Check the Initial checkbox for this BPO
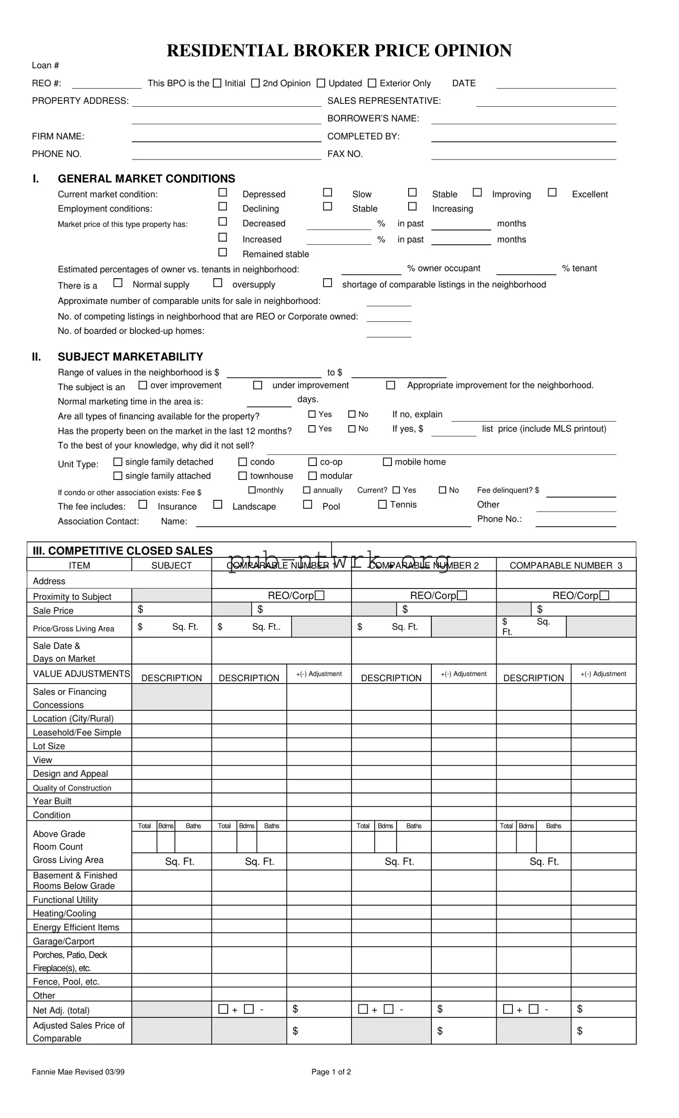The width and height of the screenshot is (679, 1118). pos(217,83)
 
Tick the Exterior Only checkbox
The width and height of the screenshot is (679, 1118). pos(372,83)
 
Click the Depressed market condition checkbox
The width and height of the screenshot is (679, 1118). pos(223,192)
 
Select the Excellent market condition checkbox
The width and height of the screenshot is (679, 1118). pos(552,192)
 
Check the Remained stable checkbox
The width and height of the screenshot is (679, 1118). pos(223,252)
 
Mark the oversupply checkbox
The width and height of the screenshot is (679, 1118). pos(218,282)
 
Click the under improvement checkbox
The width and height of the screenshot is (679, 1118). pos(258,385)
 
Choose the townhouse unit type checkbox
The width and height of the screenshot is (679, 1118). pos(243,475)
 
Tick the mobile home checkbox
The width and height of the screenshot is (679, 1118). pos(387,461)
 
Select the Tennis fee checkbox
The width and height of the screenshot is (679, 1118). pos(383,504)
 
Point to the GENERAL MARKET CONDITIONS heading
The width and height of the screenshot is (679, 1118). pos(146,179)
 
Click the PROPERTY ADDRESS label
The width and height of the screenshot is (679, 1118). pos(80,101)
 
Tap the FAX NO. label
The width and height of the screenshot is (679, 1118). pos(345,154)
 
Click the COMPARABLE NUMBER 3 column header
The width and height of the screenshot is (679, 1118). pos(566,565)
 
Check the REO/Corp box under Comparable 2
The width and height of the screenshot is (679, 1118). pos(462,595)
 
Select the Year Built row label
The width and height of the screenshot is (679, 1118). pos(52,801)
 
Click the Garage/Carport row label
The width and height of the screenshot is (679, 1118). pos(64,941)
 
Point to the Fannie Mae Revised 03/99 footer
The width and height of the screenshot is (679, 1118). pos(78,1072)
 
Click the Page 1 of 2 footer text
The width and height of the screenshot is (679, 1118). pos(331,1072)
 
